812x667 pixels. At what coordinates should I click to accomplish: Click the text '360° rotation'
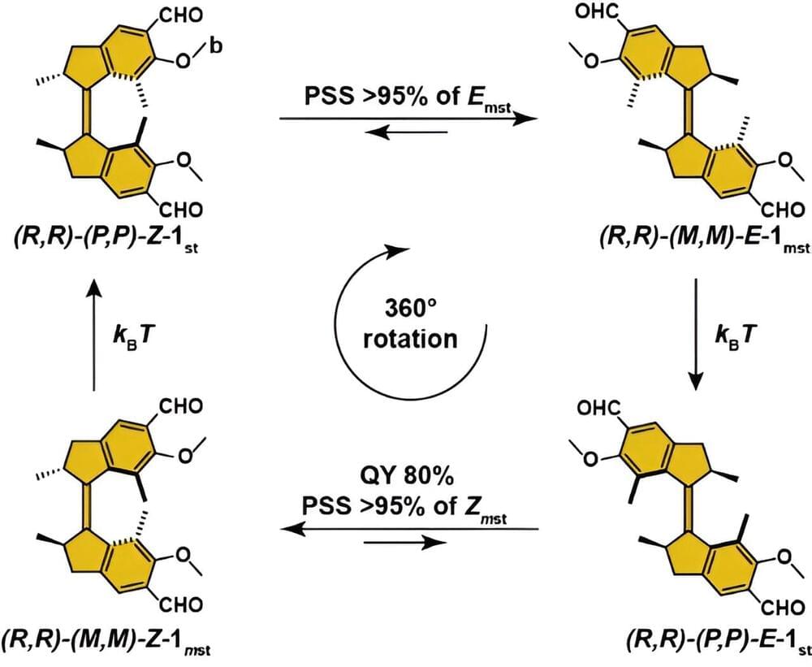(410, 324)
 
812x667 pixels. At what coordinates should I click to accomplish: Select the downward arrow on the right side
(697, 333)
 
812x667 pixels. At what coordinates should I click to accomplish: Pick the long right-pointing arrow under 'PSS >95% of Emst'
(409, 118)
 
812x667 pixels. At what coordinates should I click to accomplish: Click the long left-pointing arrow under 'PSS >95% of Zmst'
(409, 528)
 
